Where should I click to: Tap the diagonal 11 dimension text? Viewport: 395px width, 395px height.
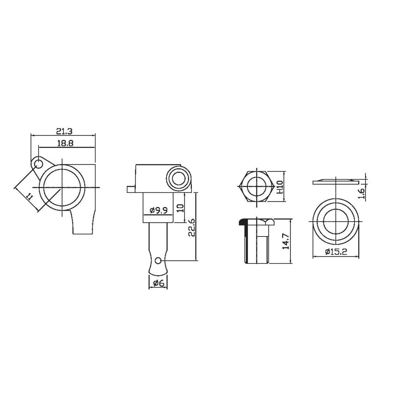coord(30,197)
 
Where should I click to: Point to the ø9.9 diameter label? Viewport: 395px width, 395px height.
coord(158,210)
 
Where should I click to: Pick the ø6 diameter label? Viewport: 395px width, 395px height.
coord(158,283)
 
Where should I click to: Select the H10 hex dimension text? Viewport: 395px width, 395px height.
coord(280,187)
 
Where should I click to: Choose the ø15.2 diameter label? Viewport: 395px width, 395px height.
coord(336,252)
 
